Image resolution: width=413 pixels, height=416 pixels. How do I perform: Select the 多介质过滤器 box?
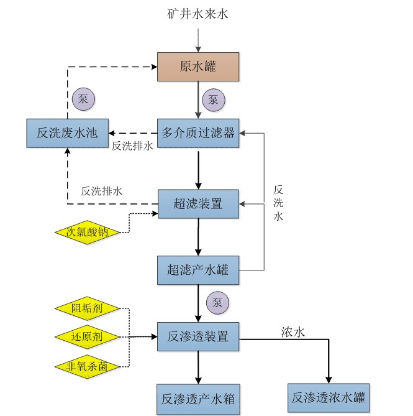(x=197, y=132)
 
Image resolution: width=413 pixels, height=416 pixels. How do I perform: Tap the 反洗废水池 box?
(x=67, y=132)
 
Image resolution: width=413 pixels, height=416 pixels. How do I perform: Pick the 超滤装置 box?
(x=197, y=203)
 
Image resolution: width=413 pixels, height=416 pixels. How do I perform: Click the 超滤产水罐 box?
(x=197, y=270)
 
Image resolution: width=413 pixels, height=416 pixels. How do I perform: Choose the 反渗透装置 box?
(x=197, y=337)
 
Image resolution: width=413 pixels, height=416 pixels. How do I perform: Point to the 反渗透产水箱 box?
(x=197, y=399)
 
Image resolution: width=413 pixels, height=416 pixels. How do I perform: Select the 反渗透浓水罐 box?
(x=329, y=397)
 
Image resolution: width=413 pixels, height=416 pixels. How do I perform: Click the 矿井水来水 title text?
(x=197, y=13)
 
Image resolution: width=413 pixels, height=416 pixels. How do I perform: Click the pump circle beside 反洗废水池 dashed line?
(x=83, y=98)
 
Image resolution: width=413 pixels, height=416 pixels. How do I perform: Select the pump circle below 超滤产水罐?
(x=217, y=303)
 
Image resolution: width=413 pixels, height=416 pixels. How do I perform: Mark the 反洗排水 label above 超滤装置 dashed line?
(x=101, y=191)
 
